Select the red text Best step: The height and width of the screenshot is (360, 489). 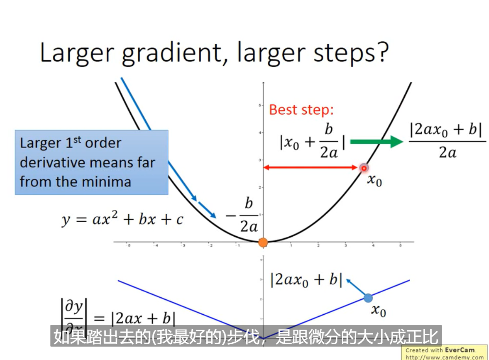pyautogui.click(x=301, y=109)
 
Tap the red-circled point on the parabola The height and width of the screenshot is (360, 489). pyautogui.click(x=364, y=168)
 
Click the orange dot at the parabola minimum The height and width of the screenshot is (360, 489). pyautogui.click(x=263, y=242)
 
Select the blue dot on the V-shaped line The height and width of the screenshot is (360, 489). pyautogui.click(x=368, y=298)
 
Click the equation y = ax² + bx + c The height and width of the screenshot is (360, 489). pyautogui.click(x=122, y=219)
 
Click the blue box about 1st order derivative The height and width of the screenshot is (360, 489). pyautogui.click(x=91, y=162)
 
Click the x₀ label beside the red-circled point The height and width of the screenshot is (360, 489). pyautogui.click(x=374, y=180)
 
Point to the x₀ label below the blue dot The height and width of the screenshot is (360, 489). pyautogui.click(x=378, y=311)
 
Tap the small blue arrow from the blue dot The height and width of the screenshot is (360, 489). pyautogui.click(x=356, y=287)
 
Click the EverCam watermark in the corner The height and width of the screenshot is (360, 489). pyautogui.click(x=445, y=353)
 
